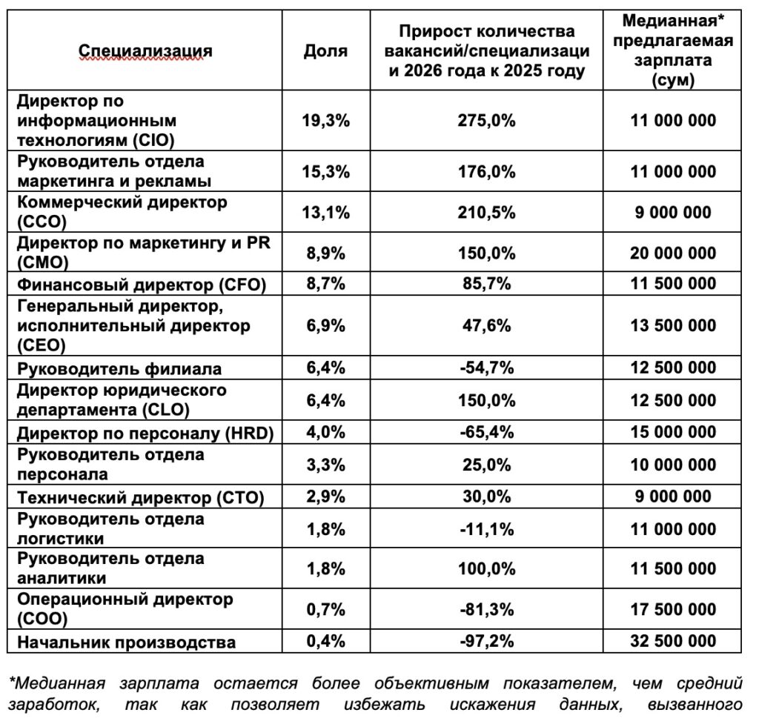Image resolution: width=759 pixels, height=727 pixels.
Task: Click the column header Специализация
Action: pos(145,51)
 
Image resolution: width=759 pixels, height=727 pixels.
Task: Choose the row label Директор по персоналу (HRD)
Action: pos(145,434)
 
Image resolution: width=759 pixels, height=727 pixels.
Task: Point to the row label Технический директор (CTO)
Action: pos(140,497)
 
